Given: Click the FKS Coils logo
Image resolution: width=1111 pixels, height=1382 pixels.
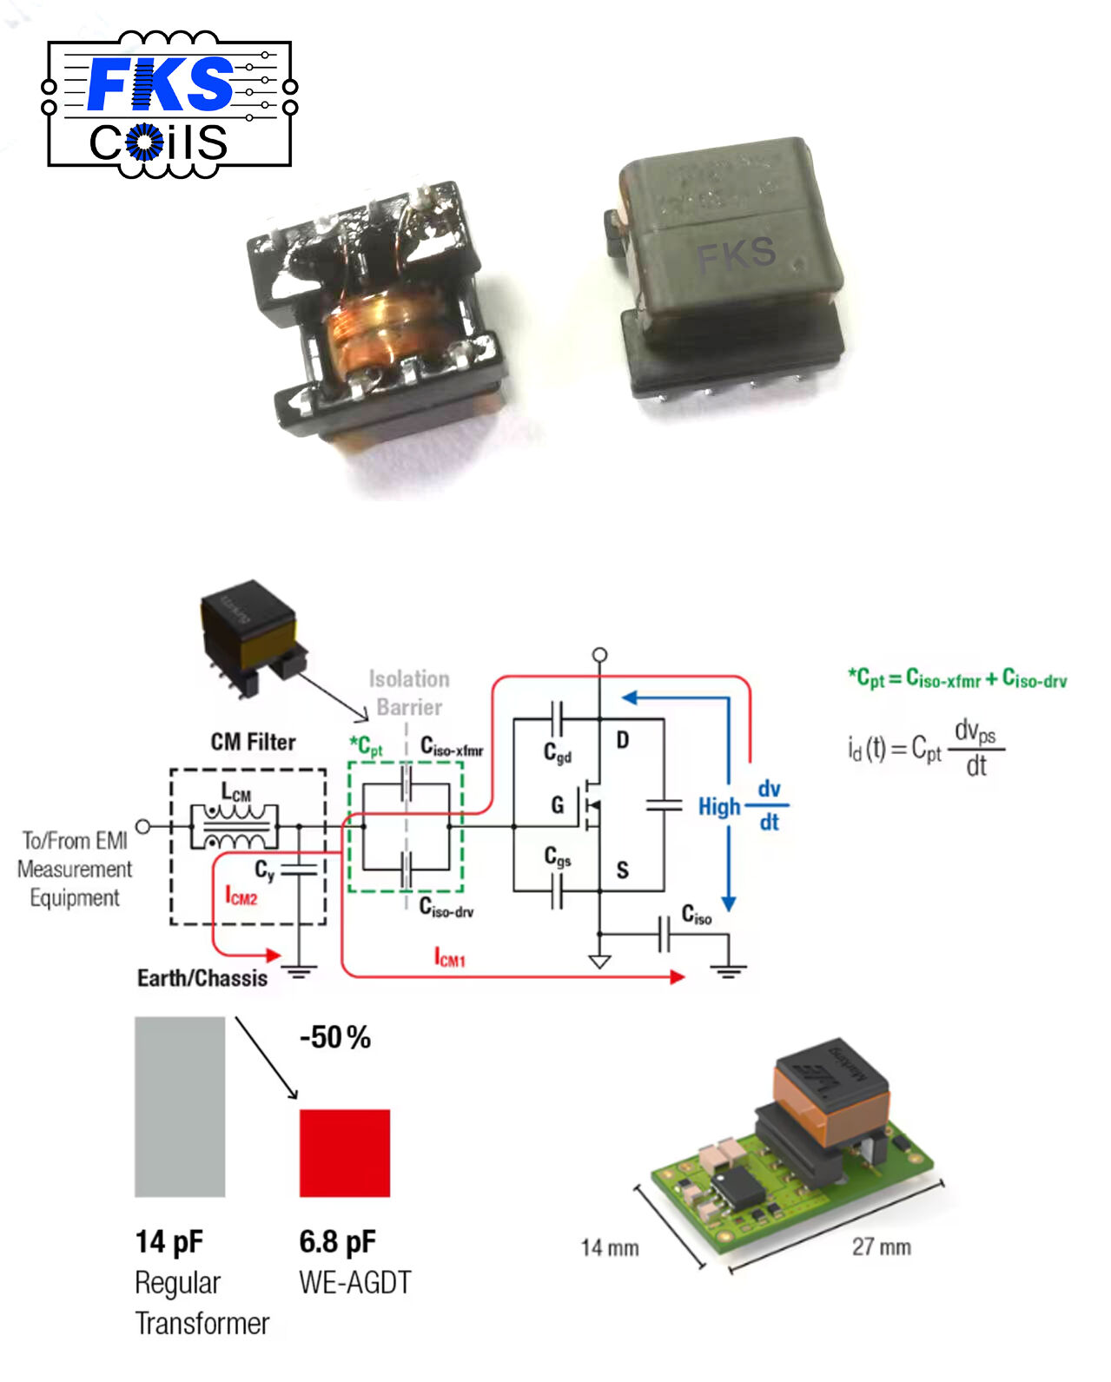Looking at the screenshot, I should click(169, 104).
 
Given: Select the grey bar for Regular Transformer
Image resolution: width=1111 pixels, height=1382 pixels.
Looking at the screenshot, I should click(180, 1107).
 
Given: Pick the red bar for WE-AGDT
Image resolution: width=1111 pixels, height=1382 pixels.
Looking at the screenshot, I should click(344, 1153).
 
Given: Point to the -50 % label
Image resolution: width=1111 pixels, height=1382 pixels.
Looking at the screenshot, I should click(335, 1037).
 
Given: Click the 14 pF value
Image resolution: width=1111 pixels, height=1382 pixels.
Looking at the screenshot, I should click(169, 1242).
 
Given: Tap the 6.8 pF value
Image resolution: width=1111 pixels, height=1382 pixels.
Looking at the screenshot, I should click(337, 1242).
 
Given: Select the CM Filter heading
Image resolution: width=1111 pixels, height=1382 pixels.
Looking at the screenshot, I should click(253, 742).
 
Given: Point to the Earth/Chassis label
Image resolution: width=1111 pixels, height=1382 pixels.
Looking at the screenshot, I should click(202, 978).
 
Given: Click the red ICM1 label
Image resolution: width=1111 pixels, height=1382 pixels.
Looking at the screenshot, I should click(450, 958).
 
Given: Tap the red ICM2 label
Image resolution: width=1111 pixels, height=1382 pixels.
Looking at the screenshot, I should click(241, 896).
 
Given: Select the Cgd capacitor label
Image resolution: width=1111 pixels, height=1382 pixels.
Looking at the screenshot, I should click(558, 752).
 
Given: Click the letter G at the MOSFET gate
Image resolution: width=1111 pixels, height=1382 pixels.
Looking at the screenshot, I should click(558, 805).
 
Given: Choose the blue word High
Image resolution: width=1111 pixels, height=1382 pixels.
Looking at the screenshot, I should click(719, 807).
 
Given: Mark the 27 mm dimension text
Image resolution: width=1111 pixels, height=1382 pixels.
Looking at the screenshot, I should click(881, 1247).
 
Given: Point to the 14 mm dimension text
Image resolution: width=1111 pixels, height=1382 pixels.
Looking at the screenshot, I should click(610, 1248).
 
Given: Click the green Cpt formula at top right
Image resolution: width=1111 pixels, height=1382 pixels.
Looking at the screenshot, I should click(957, 678).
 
